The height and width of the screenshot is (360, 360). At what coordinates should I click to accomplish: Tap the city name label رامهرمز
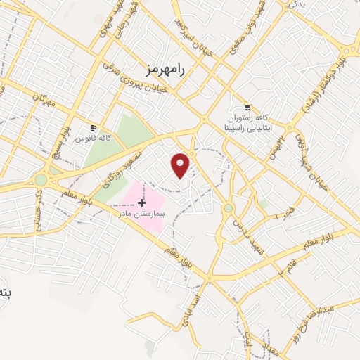(x=166, y=68)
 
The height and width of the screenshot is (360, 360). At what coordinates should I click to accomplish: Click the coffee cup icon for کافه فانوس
(x=93, y=127)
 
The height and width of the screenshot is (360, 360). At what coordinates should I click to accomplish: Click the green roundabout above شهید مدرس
(x=228, y=208)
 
